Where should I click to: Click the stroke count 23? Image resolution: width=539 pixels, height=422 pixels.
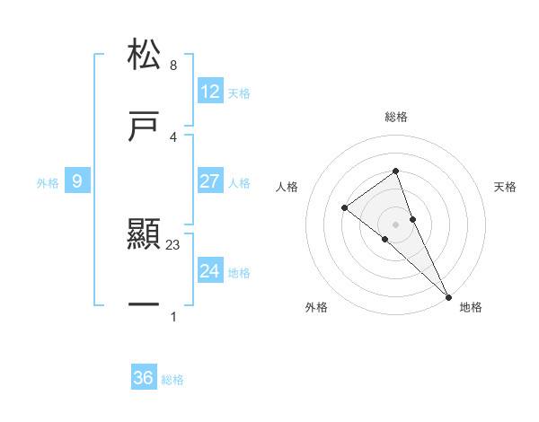(x=174, y=243)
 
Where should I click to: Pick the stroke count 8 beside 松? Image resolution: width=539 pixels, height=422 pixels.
(x=173, y=66)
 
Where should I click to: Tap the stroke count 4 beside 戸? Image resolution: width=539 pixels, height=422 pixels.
(x=173, y=136)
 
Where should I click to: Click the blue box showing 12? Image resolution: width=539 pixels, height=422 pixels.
(x=210, y=92)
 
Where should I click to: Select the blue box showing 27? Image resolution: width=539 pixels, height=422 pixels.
(x=210, y=181)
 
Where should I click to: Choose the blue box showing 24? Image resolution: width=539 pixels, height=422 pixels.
(x=210, y=271)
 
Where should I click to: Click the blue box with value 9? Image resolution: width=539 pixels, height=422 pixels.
(x=77, y=181)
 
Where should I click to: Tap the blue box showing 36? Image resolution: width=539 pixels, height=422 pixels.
(x=144, y=378)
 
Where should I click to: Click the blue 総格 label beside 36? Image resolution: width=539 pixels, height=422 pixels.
(x=173, y=380)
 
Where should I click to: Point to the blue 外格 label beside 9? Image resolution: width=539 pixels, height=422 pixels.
(x=48, y=183)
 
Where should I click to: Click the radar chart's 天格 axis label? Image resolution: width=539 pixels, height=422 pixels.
(x=506, y=187)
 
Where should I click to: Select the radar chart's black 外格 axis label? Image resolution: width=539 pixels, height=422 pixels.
(x=316, y=307)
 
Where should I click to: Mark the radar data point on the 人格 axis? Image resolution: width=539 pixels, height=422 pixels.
(x=345, y=208)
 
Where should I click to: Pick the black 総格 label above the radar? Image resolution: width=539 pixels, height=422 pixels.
(x=396, y=117)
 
